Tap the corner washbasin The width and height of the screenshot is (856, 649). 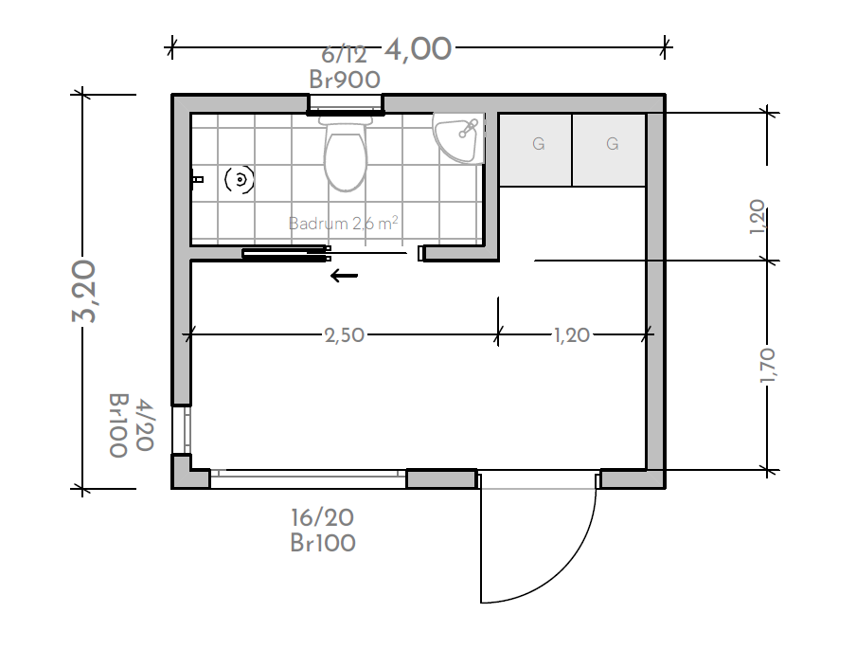pyautogui.click(x=458, y=137)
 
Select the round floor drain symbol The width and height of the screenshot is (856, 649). pyautogui.click(x=240, y=179)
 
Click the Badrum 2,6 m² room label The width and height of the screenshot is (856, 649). pyautogui.click(x=343, y=223)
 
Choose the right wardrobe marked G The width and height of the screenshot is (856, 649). pyautogui.click(x=609, y=150)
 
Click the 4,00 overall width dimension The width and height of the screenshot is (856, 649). pyautogui.click(x=419, y=49)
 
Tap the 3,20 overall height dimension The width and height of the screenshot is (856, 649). pyautogui.click(x=84, y=291)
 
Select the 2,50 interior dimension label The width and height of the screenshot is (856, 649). pyautogui.click(x=345, y=334)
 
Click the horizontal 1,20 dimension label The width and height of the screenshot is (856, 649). pyautogui.click(x=572, y=334)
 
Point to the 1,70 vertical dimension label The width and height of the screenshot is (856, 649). pyautogui.click(x=767, y=365)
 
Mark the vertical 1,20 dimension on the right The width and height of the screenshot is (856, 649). pyautogui.click(x=757, y=217)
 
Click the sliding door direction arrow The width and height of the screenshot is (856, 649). pyautogui.click(x=344, y=276)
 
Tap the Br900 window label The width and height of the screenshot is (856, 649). pyautogui.click(x=345, y=80)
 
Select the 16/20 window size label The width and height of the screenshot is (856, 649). pyautogui.click(x=322, y=516)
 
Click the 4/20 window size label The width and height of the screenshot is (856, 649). pyautogui.click(x=144, y=425)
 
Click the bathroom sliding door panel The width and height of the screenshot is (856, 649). pyautogui.click(x=286, y=254)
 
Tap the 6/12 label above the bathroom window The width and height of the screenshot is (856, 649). pyautogui.click(x=344, y=55)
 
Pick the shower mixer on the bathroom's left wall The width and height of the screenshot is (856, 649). pyautogui.click(x=197, y=179)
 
